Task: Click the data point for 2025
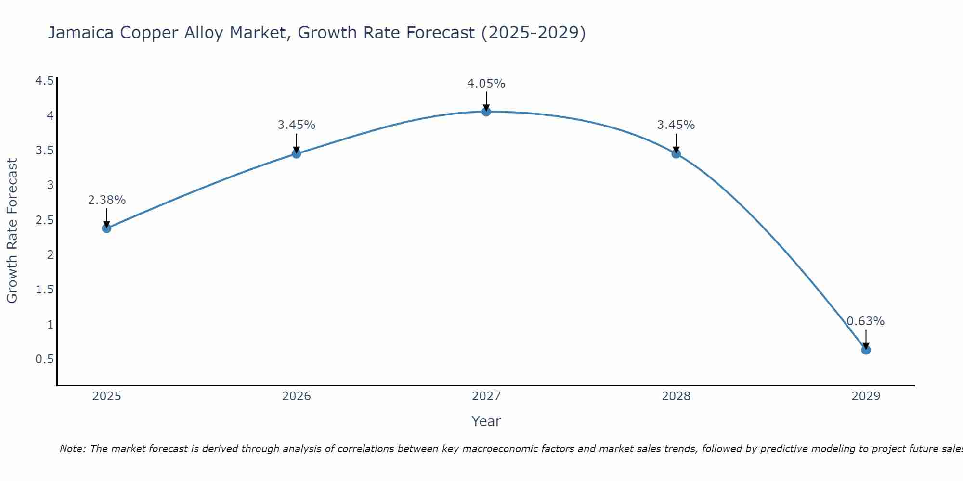pyautogui.click(x=107, y=228)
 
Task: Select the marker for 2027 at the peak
pyautogui.click(x=486, y=112)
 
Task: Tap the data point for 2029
pyautogui.click(x=866, y=350)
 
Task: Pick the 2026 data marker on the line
pyautogui.click(x=297, y=154)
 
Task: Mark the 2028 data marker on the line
pyautogui.click(x=676, y=154)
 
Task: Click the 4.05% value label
pyautogui.click(x=486, y=84)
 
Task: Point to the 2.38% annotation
pyautogui.click(x=107, y=200)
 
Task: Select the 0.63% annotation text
pyautogui.click(x=866, y=321)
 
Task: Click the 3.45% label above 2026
pyautogui.click(x=297, y=125)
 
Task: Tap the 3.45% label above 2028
pyautogui.click(x=676, y=125)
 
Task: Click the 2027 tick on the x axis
pyautogui.click(x=486, y=396)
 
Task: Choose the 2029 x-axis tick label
pyautogui.click(x=866, y=396)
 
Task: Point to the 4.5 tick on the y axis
pyautogui.click(x=44, y=81)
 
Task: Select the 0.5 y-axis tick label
pyautogui.click(x=44, y=359)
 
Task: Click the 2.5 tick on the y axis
pyautogui.click(x=44, y=220)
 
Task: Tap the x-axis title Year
pyautogui.click(x=486, y=421)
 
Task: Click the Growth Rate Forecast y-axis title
pyautogui.click(x=13, y=231)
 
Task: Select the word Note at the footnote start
pyautogui.click(x=72, y=449)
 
